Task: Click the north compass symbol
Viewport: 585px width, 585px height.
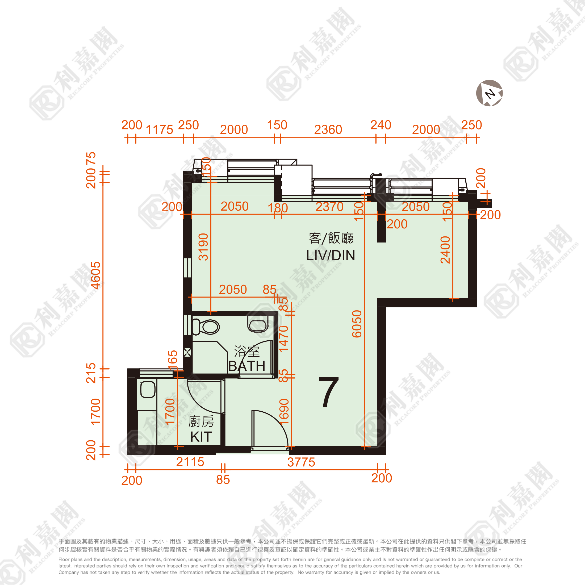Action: click(489, 93)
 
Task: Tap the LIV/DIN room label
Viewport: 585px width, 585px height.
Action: click(331, 256)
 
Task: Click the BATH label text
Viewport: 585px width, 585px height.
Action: click(247, 366)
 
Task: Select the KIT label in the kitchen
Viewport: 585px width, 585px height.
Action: click(201, 437)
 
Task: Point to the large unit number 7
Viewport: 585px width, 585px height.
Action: click(329, 392)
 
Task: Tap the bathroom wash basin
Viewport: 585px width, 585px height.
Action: click(258, 324)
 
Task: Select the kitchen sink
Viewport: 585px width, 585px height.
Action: click(148, 389)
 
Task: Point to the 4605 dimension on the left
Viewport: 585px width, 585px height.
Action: click(95, 275)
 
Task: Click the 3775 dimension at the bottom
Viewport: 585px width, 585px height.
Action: click(301, 462)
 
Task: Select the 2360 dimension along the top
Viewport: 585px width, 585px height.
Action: click(328, 129)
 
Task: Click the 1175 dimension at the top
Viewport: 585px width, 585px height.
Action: click(159, 129)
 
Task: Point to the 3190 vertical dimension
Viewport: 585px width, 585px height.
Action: click(203, 247)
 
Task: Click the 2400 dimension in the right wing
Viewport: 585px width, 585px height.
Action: click(445, 250)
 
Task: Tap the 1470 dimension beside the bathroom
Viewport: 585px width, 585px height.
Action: click(283, 339)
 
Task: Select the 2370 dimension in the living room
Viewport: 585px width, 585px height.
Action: click(329, 207)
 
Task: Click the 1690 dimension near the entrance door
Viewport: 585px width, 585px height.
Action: click(284, 412)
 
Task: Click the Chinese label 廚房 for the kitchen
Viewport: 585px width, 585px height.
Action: click(201, 421)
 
